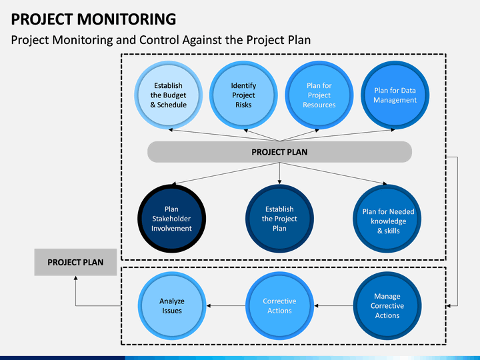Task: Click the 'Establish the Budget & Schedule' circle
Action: pyautogui.click(x=169, y=95)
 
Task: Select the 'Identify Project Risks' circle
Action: pyautogui.click(x=243, y=95)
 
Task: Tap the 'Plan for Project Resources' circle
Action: pyautogui.click(x=319, y=95)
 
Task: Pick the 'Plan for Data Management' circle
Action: pyautogui.click(x=395, y=95)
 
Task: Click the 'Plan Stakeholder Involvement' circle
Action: pyautogui.click(x=171, y=219)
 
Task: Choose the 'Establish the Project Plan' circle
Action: pyautogui.click(x=279, y=219)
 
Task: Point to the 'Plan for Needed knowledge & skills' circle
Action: pyautogui.click(x=387, y=219)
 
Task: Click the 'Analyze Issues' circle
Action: pyautogui.click(x=172, y=306)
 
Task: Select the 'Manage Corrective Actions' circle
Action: pyautogui.click(x=387, y=306)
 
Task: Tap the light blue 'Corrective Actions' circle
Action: pyautogui.click(x=279, y=306)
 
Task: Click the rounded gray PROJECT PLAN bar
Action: pyautogui.click(x=279, y=152)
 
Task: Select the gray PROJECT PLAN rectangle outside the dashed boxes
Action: pyautogui.click(x=75, y=262)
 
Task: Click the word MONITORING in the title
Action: pyautogui.click(x=127, y=19)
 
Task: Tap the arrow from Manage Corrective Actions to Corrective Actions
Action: pyautogui.click(x=334, y=306)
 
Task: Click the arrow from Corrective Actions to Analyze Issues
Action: pyautogui.click(x=226, y=306)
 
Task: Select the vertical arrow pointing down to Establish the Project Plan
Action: pyautogui.click(x=279, y=173)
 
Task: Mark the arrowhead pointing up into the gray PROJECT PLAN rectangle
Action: pyautogui.click(x=75, y=277)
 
